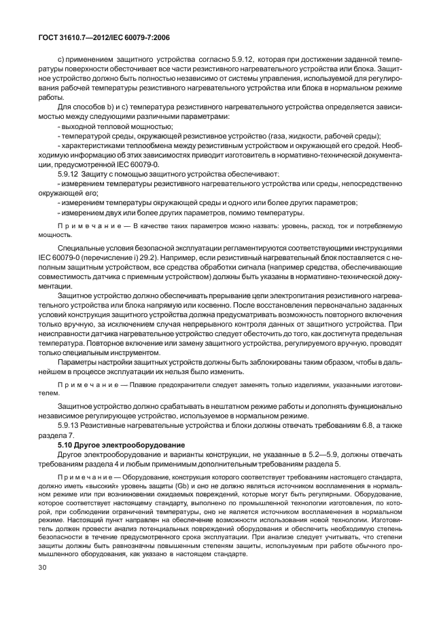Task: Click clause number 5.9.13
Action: [71, 425]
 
